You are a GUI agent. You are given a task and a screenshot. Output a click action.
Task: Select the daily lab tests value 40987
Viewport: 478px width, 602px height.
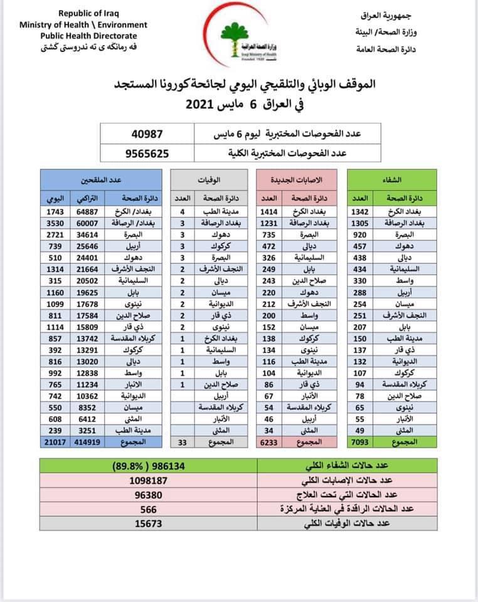click(147, 133)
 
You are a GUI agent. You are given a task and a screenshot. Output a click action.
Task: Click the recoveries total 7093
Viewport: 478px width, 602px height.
click(362, 442)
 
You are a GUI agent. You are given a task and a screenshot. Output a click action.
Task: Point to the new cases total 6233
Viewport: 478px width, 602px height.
click(268, 442)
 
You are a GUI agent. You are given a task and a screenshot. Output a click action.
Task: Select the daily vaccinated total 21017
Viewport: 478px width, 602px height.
click(52, 442)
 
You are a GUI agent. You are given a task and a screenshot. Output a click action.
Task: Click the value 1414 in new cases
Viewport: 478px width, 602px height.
click(268, 211)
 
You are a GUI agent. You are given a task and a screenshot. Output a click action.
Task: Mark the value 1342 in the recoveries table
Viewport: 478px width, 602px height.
click(362, 211)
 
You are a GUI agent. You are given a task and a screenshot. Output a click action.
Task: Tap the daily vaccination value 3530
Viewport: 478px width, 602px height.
click(52, 223)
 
